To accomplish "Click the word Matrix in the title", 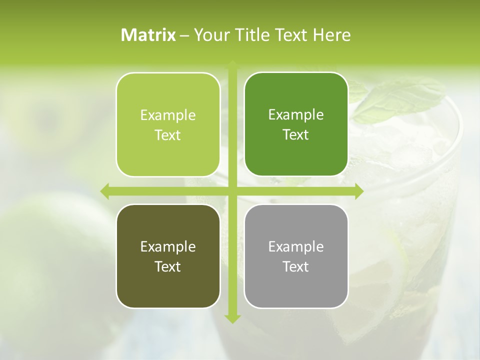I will tap(148, 35).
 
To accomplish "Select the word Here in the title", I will tap(331, 35).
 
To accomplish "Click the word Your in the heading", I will tap(210, 35).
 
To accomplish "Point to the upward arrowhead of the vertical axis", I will tap(232, 65).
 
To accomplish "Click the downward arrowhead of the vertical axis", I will tap(232, 318).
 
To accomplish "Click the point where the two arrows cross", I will tap(232, 191).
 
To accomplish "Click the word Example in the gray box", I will tap(296, 246).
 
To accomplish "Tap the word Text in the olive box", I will tap(168, 266).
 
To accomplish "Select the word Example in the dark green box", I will tap(296, 115).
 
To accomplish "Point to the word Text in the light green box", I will tap(168, 135).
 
